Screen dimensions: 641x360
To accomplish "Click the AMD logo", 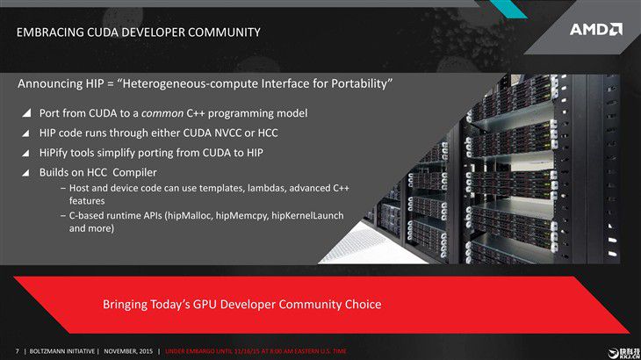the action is tap(596, 30).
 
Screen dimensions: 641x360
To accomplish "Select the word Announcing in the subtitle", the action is tap(50, 83).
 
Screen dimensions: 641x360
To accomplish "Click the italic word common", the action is tap(162, 113).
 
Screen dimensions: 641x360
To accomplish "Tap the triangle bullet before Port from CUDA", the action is tap(26, 112).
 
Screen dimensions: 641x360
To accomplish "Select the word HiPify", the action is tap(54, 153).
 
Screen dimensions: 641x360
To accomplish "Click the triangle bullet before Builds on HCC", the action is tap(25, 173).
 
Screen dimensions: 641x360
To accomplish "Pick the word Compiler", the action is tap(134, 173).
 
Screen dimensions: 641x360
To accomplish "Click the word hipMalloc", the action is tap(189, 216).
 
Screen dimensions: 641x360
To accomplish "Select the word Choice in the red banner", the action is tap(363, 305).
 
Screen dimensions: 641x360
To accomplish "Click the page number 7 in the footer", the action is tap(18, 351).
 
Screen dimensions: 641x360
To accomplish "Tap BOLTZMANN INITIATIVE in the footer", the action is tap(61, 351).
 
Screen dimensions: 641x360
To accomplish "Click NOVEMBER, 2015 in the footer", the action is tap(128, 351).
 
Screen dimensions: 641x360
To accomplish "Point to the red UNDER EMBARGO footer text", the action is tap(256, 351).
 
